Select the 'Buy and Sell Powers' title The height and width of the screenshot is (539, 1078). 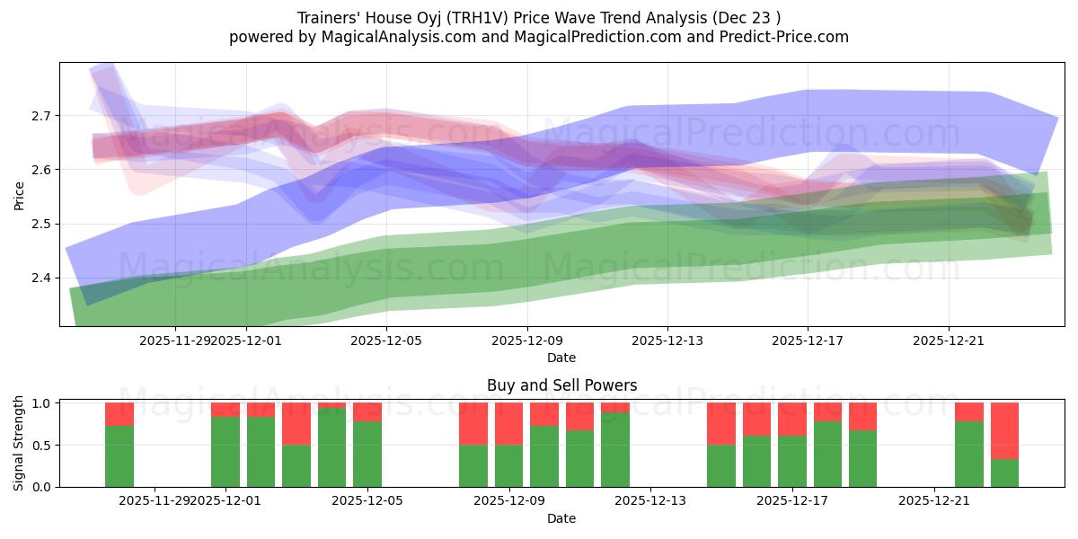tap(561, 385)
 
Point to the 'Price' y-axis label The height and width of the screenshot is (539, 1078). tap(20, 195)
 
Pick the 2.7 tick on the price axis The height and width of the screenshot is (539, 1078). tap(41, 116)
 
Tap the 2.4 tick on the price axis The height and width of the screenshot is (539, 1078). tap(41, 278)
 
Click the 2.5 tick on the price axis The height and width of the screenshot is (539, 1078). tap(41, 224)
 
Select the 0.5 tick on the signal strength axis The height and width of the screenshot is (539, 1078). tap(41, 446)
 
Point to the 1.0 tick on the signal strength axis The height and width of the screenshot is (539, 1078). tap(41, 403)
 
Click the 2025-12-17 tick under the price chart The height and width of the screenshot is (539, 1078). tap(808, 340)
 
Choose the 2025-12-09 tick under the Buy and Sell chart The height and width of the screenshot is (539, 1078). tap(509, 500)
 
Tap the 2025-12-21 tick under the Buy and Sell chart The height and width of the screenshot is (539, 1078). tap(934, 500)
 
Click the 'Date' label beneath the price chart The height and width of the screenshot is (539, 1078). tap(561, 358)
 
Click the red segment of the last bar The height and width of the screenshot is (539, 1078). tap(1004, 430)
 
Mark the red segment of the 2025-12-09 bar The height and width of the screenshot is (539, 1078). tap(509, 423)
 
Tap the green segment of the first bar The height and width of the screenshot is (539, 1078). tap(119, 455)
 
